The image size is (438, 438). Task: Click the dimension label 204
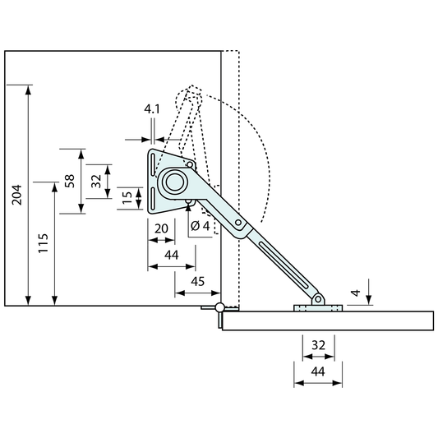coord(17,195)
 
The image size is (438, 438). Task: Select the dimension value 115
coord(44,243)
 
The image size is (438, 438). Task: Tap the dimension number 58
coord(70,181)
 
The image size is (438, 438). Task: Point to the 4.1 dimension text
coord(152,109)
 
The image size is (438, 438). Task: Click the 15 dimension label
coord(127,197)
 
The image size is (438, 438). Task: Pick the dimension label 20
coord(161,228)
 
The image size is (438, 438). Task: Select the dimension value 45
coord(198,281)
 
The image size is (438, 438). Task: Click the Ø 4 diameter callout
coord(200,226)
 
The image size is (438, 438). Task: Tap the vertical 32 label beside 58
coord(96,181)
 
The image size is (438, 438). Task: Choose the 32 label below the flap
coord(319,345)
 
